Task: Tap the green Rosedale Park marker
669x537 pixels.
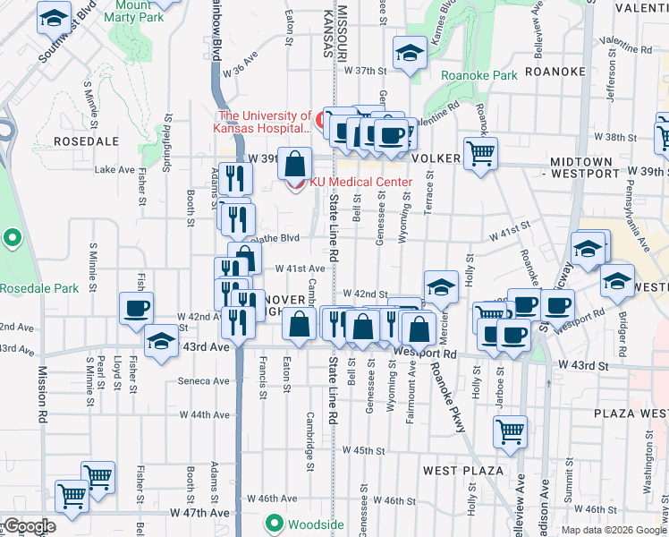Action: point(12,239)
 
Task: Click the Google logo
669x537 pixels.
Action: point(29,526)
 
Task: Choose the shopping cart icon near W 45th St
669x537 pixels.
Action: point(510,431)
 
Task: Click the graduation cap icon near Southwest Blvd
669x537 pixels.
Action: point(55,17)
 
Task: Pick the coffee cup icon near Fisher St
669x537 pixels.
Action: point(137,308)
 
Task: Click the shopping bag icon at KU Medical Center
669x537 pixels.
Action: point(294,164)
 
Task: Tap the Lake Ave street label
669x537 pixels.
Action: point(114,169)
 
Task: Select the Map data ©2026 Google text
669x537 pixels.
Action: point(614,530)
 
